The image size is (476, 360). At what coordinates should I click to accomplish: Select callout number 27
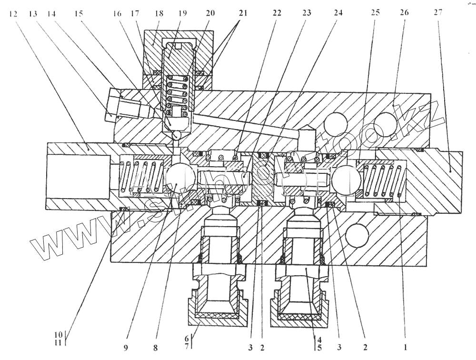(x=438, y=13)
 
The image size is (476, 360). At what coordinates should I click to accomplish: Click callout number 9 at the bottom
(x=126, y=348)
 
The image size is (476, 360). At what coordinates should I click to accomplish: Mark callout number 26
(x=405, y=13)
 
